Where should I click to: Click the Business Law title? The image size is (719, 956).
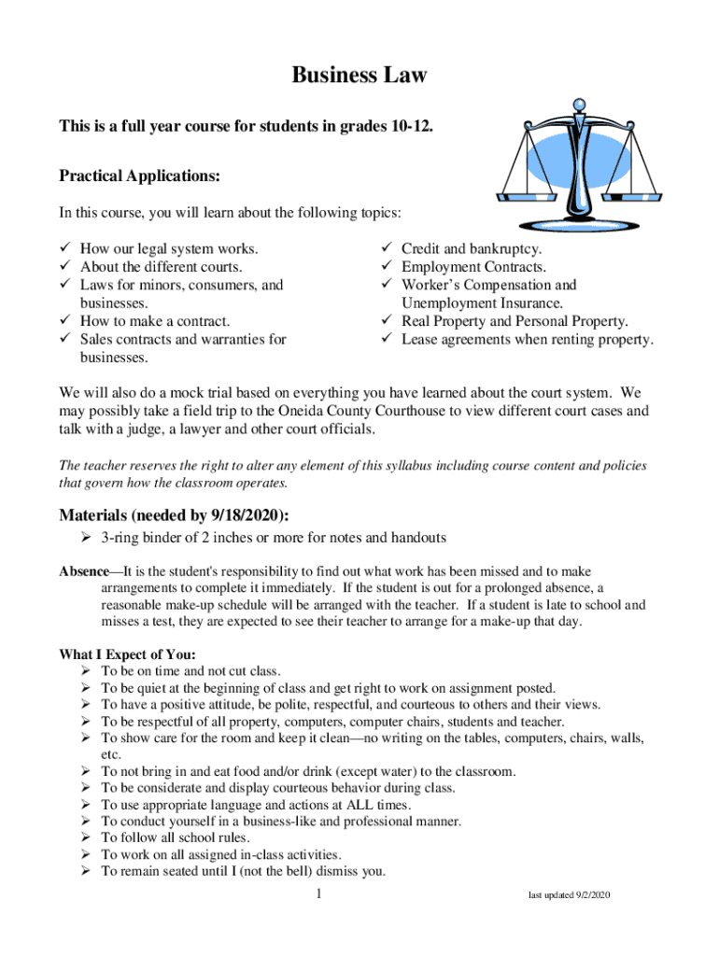(x=359, y=76)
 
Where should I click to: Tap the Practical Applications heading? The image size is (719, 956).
(x=140, y=176)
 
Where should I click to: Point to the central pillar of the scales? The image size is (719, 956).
(x=581, y=168)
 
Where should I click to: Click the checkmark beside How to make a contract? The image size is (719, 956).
(x=65, y=322)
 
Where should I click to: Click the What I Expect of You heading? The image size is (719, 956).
(x=128, y=654)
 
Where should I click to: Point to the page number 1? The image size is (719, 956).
(x=319, y=895)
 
